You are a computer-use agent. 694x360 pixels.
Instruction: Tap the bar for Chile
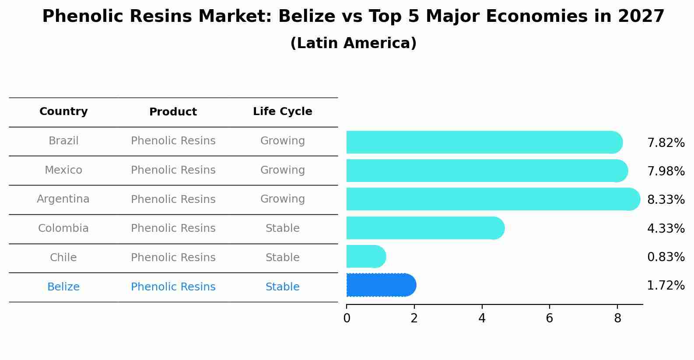[365, 257]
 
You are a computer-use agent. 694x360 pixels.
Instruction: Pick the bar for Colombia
[424, 228]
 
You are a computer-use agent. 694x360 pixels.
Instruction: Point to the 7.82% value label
[666, 143]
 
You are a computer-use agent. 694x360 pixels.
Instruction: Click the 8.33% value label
[666, 200]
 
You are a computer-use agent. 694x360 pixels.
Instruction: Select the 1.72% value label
[666, 286]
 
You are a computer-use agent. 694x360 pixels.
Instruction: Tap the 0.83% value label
[666, 257]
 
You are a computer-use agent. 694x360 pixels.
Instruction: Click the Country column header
[63, 112]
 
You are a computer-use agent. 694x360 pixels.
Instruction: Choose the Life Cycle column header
[282, 112]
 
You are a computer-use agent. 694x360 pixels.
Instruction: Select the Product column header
[173, 112]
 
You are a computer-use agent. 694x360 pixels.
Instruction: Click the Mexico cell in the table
[63, 170]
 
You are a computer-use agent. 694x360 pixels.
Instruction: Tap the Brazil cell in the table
[63, 141]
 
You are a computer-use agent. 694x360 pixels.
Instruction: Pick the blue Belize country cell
[63, 287]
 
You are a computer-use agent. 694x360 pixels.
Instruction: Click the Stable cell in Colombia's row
[282, 228]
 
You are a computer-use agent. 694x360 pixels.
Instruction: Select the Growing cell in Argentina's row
[282, 199]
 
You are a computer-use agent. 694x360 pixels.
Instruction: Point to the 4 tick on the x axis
[482, 318]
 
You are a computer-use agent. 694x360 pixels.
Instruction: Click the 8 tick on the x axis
[617, 318]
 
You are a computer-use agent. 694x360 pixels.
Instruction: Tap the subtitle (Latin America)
[353, 43]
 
